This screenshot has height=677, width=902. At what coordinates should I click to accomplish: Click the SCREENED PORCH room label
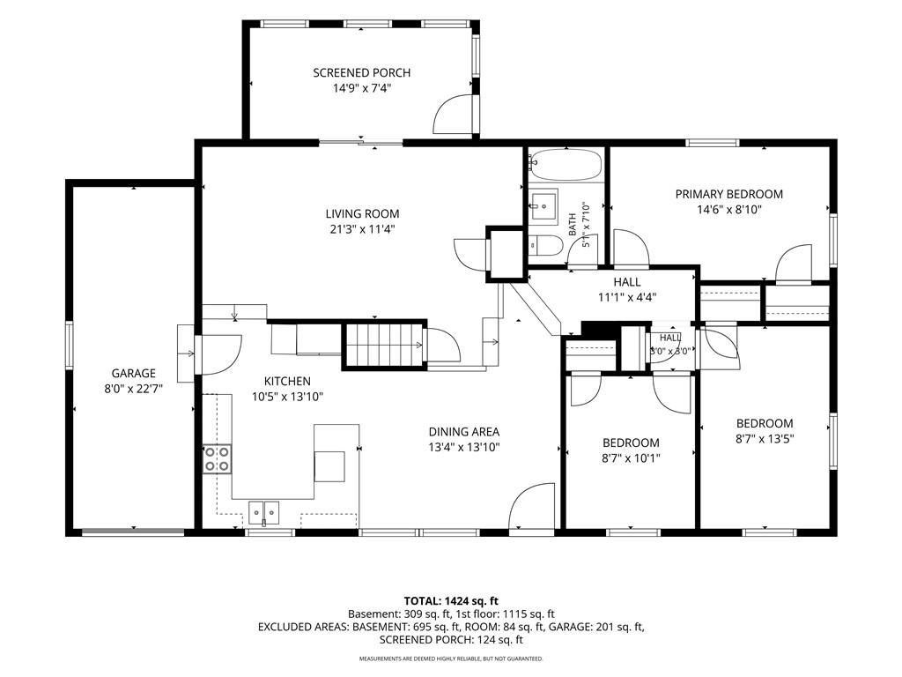362,73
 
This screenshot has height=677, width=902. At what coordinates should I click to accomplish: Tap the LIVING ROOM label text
362,213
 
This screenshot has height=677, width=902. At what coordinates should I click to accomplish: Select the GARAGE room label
134,373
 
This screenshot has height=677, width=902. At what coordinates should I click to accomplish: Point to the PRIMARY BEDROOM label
728,194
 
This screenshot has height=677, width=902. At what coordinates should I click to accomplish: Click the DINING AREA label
463,432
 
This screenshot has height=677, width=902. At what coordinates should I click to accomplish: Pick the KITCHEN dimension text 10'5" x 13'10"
288,397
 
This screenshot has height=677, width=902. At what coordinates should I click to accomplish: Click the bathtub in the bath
566,165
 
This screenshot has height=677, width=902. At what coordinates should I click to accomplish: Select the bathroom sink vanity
543,206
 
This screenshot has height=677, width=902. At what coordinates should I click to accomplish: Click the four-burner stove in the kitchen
218,458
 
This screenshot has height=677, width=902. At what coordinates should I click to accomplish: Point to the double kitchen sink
264,512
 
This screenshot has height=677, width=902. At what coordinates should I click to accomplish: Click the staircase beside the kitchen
383,345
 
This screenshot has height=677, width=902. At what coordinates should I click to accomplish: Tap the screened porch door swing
454,114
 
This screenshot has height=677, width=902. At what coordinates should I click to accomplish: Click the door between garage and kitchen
218,354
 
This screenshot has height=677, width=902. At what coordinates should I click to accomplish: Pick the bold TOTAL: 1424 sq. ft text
451,601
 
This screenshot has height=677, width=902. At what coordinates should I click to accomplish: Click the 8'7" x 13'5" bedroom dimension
765,439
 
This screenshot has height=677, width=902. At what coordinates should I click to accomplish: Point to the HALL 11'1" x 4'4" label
627,289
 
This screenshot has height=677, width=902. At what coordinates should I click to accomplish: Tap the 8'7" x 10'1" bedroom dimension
631,458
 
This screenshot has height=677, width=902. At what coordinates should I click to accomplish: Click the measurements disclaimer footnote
451,658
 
